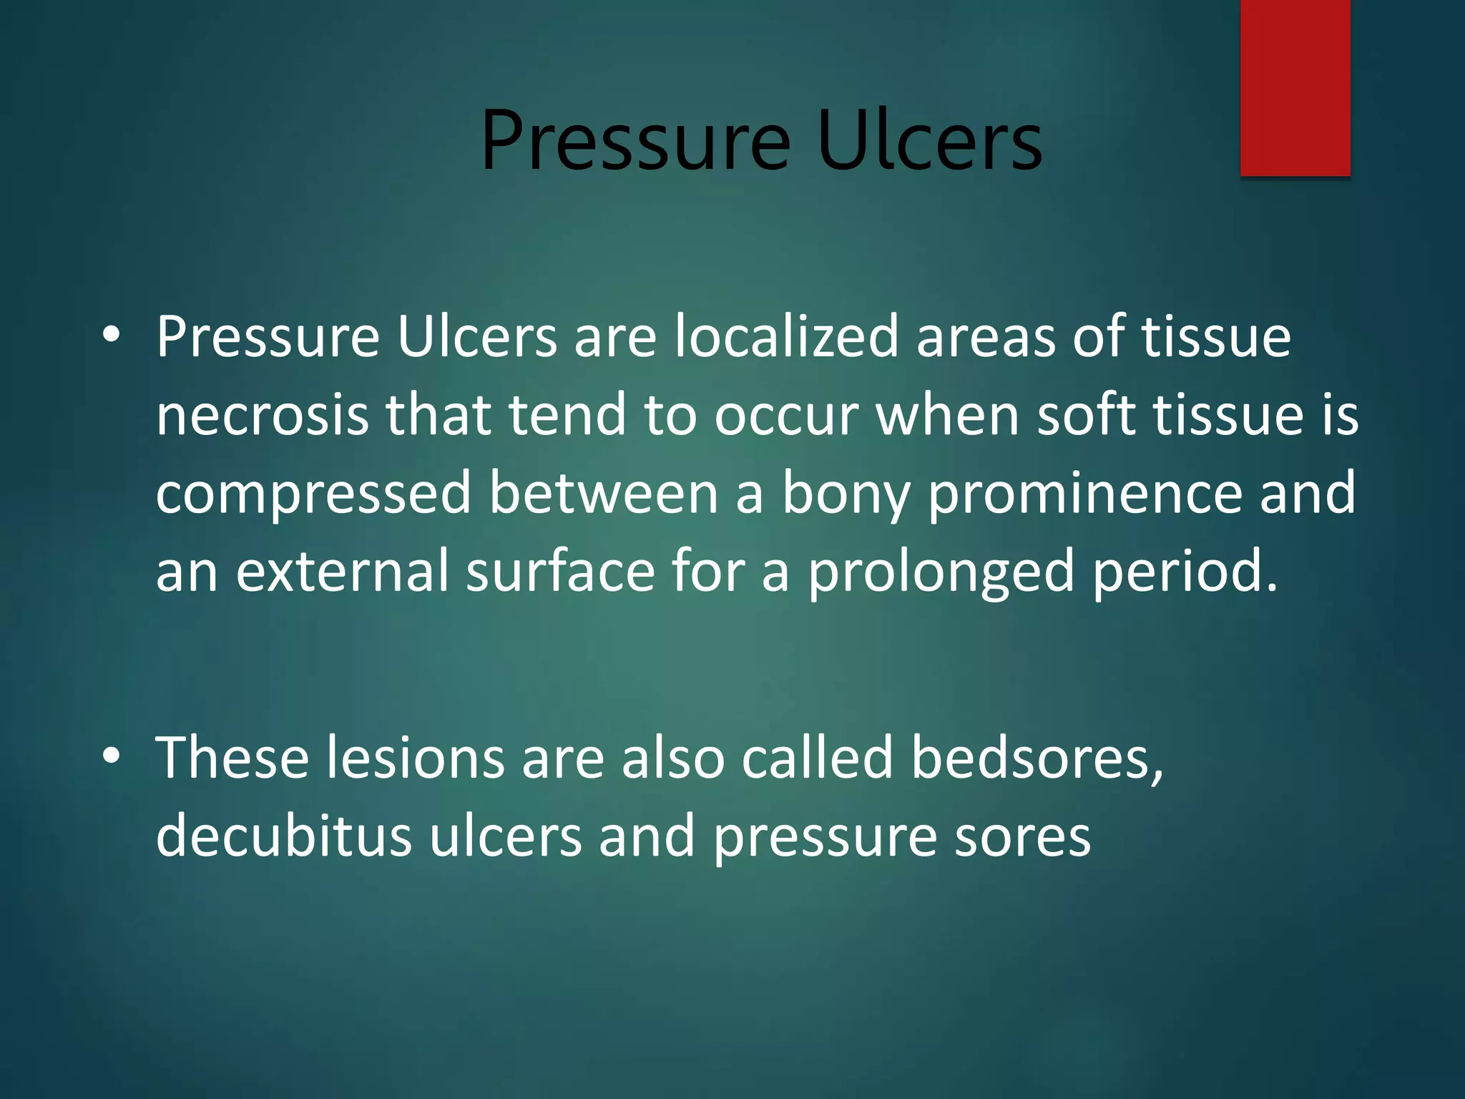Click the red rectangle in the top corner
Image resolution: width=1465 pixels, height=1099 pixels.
coord(1295,87)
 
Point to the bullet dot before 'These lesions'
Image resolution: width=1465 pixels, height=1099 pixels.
coord(111,756)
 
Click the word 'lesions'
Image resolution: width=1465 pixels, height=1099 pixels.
coord(416,758)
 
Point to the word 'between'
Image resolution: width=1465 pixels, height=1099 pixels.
coord(604,494)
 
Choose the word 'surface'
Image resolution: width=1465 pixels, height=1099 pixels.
coord(560,572)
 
